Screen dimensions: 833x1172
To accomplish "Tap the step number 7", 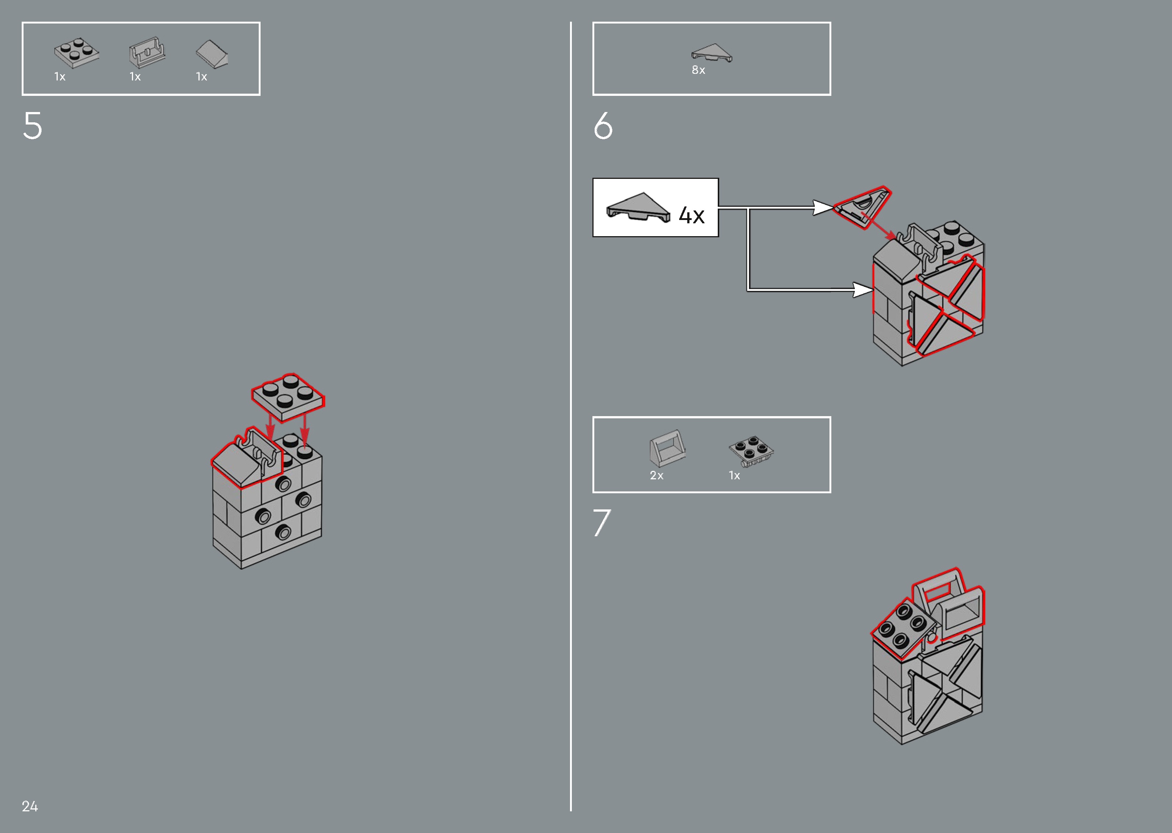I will tap(602, 523).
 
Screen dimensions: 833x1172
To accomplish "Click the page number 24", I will tap(30, 806).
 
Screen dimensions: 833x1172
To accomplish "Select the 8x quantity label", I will tap(698, 70).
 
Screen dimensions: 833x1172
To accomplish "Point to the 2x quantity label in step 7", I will tap(656, 476).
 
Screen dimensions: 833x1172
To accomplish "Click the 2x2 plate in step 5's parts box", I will tap(77, 53).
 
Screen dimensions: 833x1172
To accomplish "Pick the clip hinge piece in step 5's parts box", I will tap(147, 52).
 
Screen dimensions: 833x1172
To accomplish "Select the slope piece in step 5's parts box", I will tap(212, 54).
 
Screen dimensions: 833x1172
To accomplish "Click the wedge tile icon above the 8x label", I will tap(712, 52).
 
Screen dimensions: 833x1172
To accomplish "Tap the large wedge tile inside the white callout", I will tap(638, 207).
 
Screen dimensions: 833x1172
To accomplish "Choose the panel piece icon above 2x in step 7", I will tap(667, 448).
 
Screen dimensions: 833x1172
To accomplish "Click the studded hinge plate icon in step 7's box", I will tap(751, 451).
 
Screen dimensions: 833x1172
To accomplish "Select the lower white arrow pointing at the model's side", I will tap(862, 290).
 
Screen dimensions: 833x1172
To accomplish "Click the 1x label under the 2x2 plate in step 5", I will tap(60, 77).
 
